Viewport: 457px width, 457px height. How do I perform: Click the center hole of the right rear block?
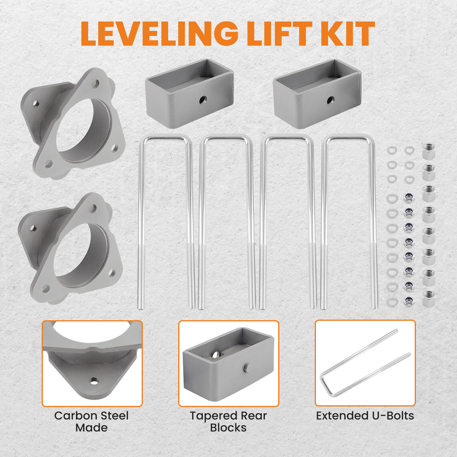(330, 100)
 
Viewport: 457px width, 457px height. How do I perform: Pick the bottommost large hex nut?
(429, 298)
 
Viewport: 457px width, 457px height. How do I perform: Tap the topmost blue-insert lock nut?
(409, 197)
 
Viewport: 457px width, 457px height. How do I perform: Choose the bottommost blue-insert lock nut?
(409, 301)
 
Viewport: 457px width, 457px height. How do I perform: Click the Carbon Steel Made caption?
(91, 422)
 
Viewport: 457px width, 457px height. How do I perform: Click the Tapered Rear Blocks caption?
(228, 422)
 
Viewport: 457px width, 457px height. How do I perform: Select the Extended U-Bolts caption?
(365, 416)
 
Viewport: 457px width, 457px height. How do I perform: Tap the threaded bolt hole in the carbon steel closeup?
(93, 380)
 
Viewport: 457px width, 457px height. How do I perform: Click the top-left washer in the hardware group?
(392, 150)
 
